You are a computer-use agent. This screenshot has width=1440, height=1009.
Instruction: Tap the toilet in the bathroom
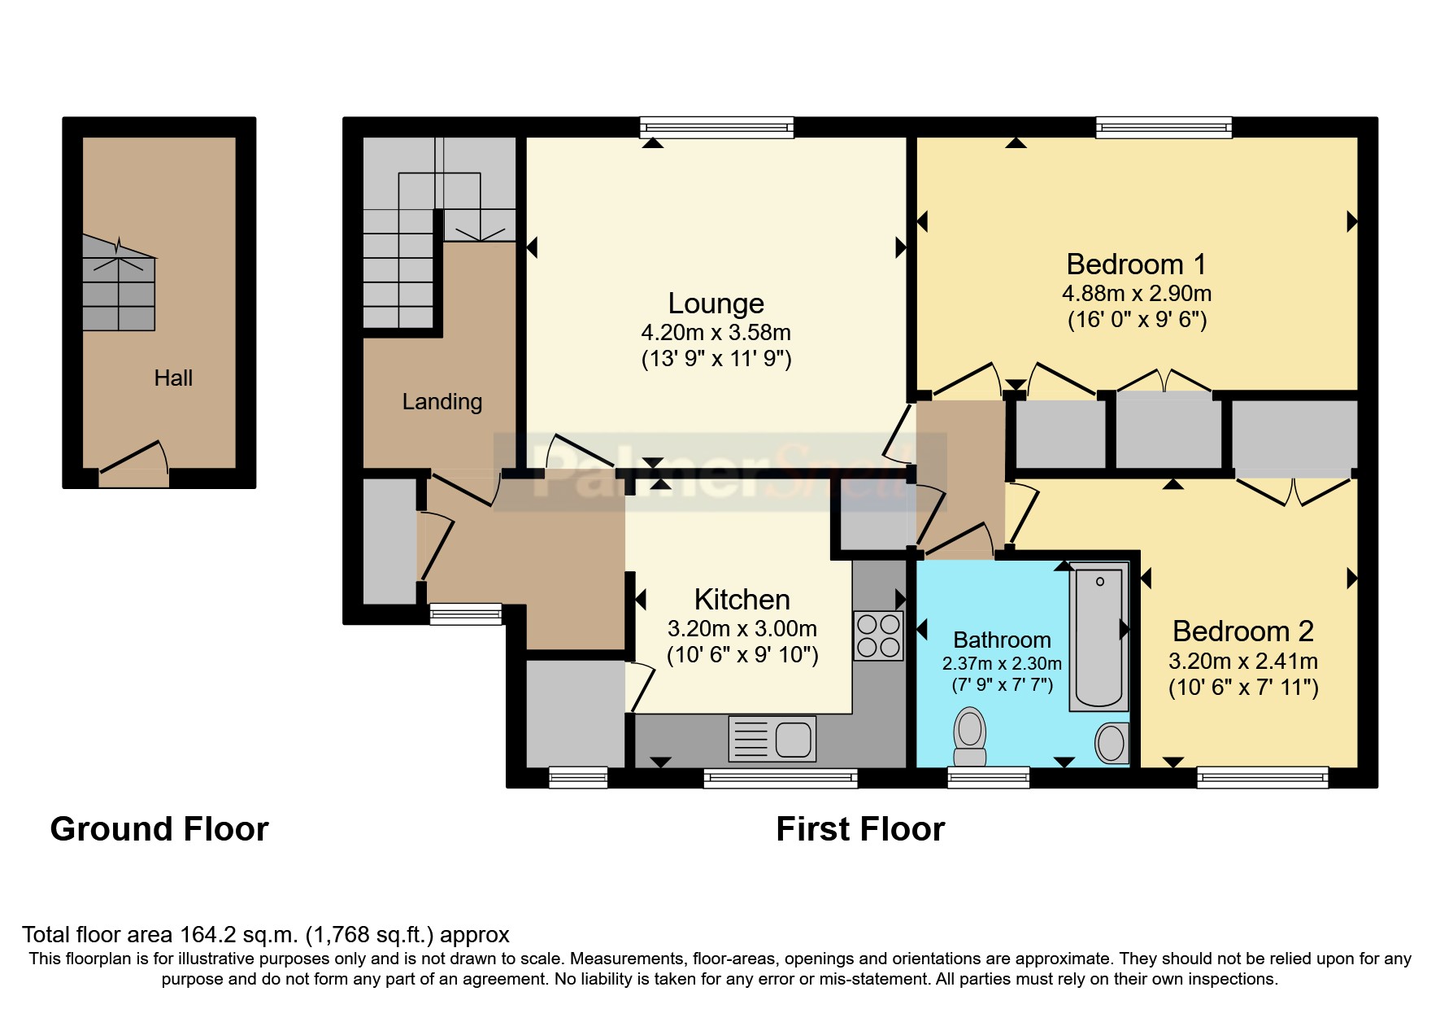tap(969, 736)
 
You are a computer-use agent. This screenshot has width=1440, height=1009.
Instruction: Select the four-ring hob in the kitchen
tap(878, 636)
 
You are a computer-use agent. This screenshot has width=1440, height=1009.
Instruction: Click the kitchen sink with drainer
tap(772, 739)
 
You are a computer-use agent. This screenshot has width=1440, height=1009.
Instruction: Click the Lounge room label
tap(716, 304)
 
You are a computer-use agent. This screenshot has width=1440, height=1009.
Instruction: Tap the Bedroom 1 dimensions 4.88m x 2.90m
tap(1136, 294)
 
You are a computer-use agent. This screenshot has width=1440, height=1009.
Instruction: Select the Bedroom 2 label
tap(1242, 631)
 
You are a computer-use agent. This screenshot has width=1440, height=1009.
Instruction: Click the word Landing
tap(442, 401)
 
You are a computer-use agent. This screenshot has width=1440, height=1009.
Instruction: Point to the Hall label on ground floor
tap(173, 378)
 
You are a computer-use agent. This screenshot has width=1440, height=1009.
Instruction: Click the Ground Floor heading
tap(159, 829)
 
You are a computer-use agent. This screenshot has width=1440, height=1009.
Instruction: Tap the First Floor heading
tap(860, 829)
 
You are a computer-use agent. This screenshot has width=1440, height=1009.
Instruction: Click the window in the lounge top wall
tap(716, 127)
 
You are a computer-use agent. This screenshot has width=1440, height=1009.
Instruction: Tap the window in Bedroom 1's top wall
tap(1163, 127)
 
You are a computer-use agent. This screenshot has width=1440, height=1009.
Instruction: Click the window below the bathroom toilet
tap(988, 778)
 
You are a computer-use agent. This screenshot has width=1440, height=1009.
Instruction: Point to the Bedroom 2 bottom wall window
tap(1262, 778)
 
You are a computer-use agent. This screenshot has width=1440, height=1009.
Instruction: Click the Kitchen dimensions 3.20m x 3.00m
tap(742, 629)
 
